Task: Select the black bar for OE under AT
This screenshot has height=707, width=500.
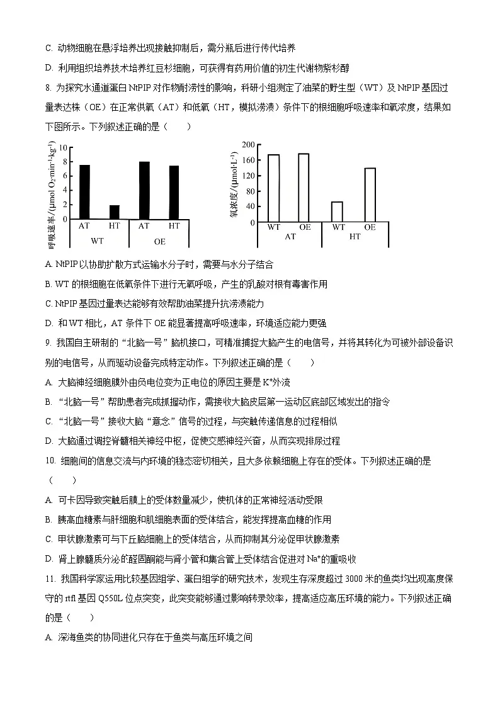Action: coord(144,190)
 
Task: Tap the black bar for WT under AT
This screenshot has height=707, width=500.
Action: coord(84,191)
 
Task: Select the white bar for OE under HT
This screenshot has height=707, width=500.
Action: coord(370,195)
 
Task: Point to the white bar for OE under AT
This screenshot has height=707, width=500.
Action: coord(304,187)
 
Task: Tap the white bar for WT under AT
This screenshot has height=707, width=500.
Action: coord(273,188)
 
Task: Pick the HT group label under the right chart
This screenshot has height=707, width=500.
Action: coord(355,237)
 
